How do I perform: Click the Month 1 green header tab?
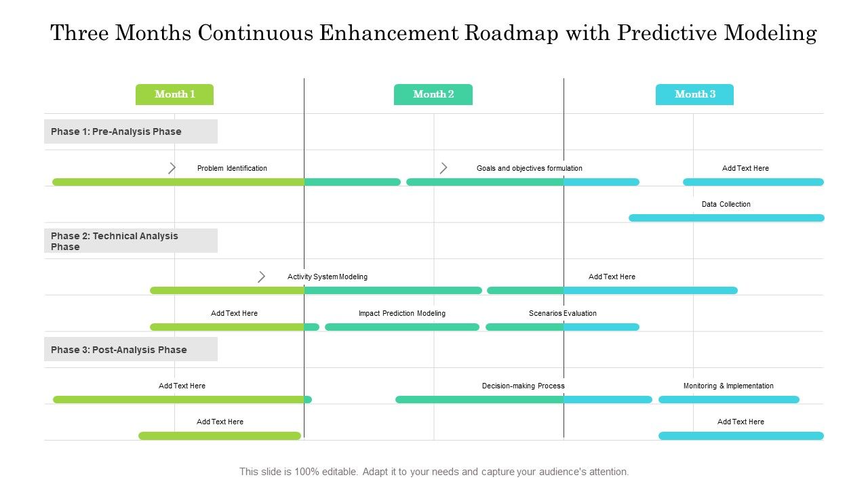[174, 94]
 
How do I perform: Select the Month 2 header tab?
[433, 94]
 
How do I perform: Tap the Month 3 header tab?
[694, 94]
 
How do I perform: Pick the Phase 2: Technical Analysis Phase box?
[131, 241]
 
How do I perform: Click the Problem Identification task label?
[232, 168]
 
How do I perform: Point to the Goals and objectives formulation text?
[529, 168]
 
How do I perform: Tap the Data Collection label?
[726, 204]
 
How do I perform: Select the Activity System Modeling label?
[328, 277]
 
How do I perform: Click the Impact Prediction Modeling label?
[402, 313]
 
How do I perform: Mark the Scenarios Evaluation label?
[563, 313]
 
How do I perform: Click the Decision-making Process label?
[523, 386]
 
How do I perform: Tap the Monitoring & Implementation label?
[728, 386]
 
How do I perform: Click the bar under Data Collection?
[726, 218]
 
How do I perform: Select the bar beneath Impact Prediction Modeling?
[402, 327]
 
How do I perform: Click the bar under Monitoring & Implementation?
[728, 400]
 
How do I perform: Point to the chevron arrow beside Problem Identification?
[172, 168]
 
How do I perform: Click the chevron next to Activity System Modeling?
[262, 277]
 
